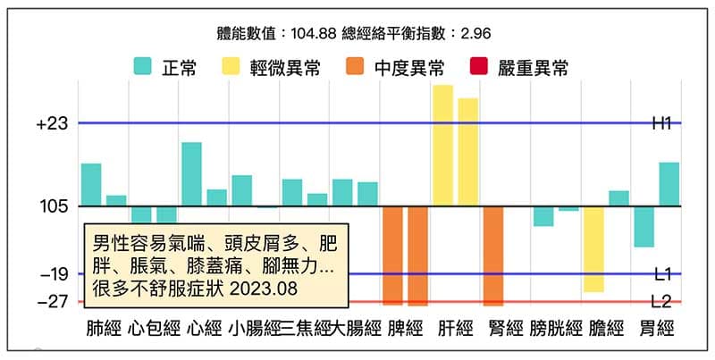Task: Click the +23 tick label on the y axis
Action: pos(53,124)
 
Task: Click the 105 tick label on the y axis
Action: pos(55,206)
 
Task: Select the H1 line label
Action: pos(661,124)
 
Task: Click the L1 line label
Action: pos(662,274)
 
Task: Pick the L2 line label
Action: pos(662,302)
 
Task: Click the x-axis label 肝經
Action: pos(456,328)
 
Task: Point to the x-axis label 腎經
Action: pos(506,328)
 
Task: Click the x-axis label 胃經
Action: pos(657,328)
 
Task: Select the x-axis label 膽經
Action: pos(607,328)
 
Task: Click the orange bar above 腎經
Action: pos(493,255)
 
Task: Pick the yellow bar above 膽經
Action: pos(593,249)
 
